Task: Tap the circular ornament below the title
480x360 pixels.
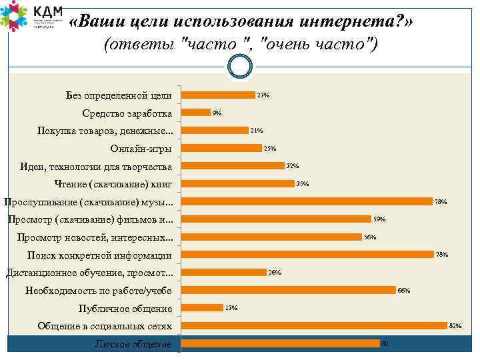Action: point(240,66)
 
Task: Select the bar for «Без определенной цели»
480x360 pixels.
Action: point(218,95)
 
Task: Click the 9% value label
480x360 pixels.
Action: point(217,113)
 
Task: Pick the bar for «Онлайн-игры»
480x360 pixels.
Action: point(221,148)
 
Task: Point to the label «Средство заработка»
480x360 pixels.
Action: point(127,113)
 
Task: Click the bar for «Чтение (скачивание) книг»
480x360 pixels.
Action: point(237,183)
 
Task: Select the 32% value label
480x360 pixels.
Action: point(292,166)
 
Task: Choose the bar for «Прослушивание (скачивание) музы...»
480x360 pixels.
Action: point(307,201)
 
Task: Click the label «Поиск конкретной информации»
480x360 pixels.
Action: point(99,255)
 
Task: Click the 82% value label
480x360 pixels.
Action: point(455,326)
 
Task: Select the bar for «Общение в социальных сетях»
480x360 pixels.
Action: point(314,325)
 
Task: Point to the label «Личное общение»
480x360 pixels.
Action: point(133,345)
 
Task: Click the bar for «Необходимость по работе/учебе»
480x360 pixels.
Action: point(289,290)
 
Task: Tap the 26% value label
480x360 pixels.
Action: point(274,273)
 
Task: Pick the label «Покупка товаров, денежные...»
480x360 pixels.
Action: point(105,131)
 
